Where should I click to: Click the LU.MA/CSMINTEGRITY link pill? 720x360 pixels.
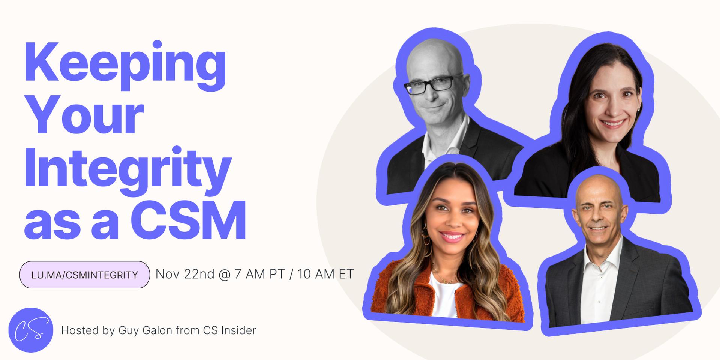point(85,275)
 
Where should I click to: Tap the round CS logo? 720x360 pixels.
point(31,330)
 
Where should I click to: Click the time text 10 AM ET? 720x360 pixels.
point(325,274)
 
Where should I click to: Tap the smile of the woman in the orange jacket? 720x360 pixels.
point(452,236)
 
